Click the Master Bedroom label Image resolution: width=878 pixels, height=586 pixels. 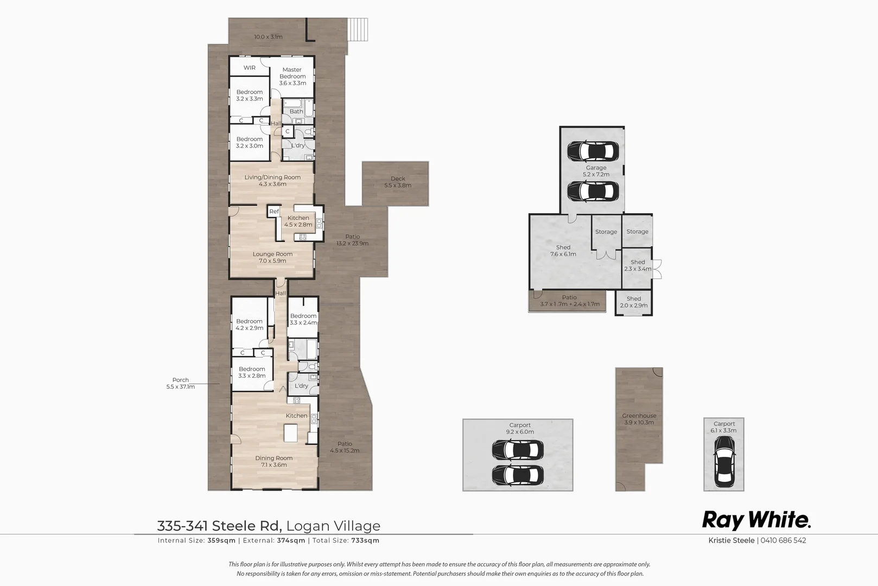(292, 76)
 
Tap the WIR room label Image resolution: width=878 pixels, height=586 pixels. (249, 68)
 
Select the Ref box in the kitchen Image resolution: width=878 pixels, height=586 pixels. (274, 212)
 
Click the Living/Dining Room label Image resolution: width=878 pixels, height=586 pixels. (272, 181)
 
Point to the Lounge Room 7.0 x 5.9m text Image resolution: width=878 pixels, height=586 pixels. (272, 257)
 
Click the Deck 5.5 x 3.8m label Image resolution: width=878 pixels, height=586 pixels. (398, 182)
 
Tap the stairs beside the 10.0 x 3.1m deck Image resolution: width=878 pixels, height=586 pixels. (358, 29)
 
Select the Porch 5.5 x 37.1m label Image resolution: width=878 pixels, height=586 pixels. (181, 383)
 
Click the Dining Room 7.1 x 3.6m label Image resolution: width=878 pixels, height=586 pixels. (274, 461)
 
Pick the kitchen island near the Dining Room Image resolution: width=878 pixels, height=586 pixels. (291, 433)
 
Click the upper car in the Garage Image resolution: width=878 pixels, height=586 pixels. (593, 151)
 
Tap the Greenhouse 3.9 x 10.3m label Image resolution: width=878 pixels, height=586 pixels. (639, 419)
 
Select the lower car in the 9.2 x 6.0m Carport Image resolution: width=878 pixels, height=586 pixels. (518, 475)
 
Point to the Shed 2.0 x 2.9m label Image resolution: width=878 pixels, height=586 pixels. (634, 302)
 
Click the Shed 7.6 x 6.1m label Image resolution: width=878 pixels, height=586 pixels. (563, 250)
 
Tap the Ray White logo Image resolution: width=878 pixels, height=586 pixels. (756, 520)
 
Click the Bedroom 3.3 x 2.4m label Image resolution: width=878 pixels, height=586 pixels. (303, 319)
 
